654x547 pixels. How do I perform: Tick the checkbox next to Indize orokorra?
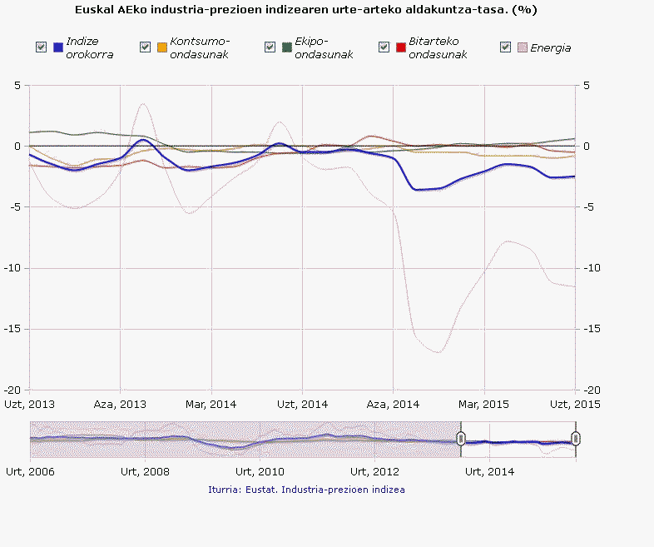click(41, 47)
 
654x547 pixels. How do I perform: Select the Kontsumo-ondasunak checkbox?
click(146, 47)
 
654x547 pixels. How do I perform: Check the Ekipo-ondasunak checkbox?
click(270, 47)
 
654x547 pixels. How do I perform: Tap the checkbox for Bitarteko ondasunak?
click(384, 47)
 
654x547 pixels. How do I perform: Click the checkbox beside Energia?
click(505, 47)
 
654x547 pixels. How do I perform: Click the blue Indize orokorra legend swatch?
click(57, 47)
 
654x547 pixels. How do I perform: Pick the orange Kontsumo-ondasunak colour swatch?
click(162, 47)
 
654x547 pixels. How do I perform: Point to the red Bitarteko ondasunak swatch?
click(400, 47)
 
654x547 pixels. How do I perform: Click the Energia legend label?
click(550, 47)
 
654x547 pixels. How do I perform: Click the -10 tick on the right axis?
click(589, 268)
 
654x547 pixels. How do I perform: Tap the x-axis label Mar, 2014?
click(211, 405)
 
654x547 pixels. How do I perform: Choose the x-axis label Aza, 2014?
click(394, 405)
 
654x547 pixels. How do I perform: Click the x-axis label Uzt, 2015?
click(575, 405)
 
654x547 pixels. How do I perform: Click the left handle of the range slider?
click(461, 439)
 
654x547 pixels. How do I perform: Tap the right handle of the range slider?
click(576, 439)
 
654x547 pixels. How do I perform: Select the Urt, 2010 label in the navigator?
click(260, 471)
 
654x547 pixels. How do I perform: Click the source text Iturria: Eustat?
click(306, 490)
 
